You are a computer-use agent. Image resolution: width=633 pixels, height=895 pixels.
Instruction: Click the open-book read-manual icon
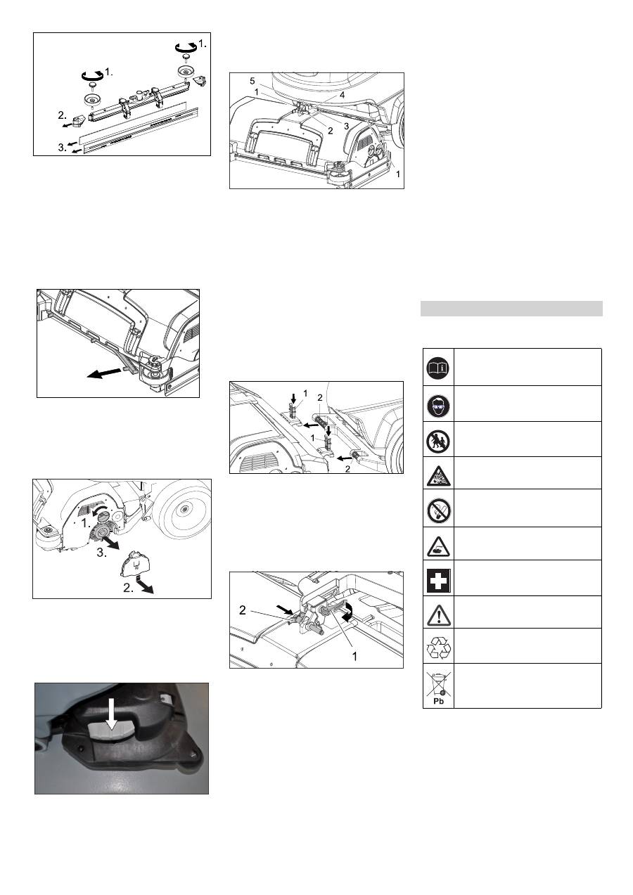(x=438, y=368)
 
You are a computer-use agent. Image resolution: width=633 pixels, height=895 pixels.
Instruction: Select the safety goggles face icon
(x=438, y=404)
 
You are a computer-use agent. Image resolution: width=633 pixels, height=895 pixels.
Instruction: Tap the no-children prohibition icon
(x=438, y=441)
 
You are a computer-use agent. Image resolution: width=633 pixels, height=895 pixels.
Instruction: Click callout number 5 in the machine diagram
(x=252, y=81)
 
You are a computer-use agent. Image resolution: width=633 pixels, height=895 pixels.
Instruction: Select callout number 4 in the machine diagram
(x=342, y=95)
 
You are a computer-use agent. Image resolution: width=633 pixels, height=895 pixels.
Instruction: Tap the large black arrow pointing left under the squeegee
(x=104, y=373)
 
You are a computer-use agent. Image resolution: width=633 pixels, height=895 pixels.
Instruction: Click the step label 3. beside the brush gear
(x=101, y=553)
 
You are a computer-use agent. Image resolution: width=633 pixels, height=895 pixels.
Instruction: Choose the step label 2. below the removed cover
(x=128, y=588)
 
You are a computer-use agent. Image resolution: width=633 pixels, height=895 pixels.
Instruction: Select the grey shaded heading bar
(x=511, y=309)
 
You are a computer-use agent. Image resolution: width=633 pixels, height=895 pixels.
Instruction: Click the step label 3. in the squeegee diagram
(x=63, y=148)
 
